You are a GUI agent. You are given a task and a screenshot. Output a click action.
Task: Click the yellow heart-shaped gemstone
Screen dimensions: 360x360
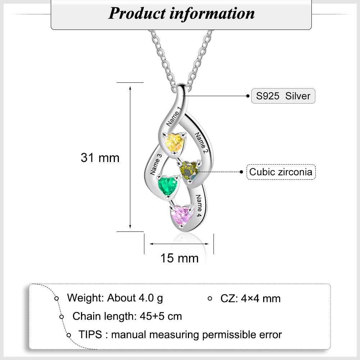click(x=174, y=142)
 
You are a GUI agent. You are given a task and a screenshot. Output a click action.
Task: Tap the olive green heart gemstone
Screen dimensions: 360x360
click(x=189, y=171)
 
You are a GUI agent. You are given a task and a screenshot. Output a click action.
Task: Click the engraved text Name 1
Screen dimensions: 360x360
click(x=174, y=116)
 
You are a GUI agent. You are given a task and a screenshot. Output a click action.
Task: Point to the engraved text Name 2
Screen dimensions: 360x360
click(x=201, y=143)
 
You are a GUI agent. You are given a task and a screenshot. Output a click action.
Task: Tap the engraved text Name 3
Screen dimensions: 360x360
click(x=156, y=165)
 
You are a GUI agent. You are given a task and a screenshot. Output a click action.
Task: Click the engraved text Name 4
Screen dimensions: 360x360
click(x=198, y=206)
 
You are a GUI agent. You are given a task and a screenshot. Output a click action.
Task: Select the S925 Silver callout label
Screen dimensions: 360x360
click(x=283, y=96)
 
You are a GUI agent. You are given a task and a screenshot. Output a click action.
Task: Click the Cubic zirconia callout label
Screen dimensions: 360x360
click(x=281, y=172)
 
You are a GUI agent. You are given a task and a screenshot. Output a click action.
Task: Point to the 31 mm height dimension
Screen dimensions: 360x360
click(x=100, y=158)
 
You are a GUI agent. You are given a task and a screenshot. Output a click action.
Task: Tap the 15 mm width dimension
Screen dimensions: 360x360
click(x=179, y=258)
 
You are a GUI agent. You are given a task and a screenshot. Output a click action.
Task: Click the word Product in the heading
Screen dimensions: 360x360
click(x=137, y=13)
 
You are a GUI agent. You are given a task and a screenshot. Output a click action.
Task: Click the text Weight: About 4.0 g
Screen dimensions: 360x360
click(x=115, y=298)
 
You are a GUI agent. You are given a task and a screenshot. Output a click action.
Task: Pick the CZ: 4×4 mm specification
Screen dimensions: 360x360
click(x=251, y=298)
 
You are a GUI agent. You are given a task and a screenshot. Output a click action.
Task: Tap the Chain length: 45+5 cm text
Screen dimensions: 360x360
click(x=127, y=316)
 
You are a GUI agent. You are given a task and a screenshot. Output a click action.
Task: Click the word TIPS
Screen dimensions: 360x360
click(x=90, y=334)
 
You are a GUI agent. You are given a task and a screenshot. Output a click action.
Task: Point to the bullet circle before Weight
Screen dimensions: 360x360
click(x=57, y=298)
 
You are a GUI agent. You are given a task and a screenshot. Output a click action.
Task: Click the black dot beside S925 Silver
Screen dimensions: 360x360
click(x=248, y=96)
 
